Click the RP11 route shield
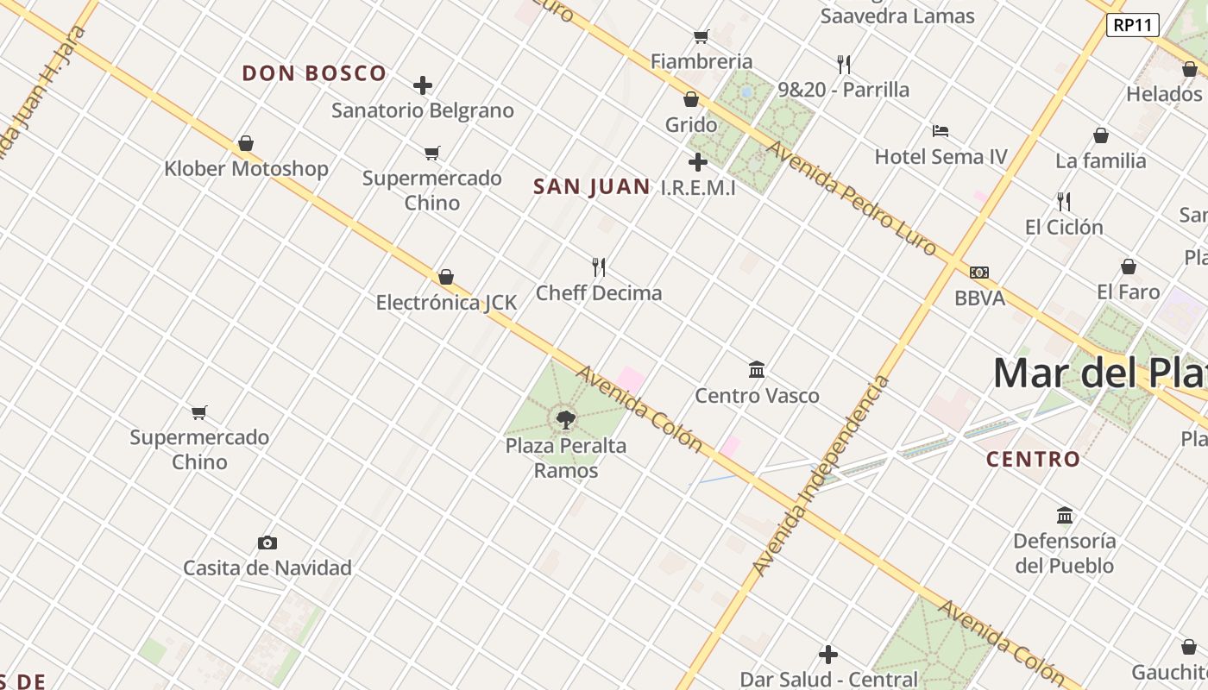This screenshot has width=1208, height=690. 1132,25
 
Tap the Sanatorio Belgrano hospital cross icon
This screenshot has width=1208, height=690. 423,85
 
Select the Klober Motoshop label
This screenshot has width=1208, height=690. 246,168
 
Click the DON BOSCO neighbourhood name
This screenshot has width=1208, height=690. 314,73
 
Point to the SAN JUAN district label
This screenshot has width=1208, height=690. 591,186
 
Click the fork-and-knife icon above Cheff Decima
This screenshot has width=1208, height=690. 599,267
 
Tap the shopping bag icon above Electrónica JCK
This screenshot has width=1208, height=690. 446,277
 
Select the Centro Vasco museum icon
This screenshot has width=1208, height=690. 757,370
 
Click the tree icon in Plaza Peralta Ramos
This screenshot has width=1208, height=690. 566,420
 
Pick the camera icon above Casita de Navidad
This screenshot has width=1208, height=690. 267,543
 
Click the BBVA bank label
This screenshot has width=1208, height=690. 979,298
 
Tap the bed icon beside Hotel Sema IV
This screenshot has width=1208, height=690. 941,131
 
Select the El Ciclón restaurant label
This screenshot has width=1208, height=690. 1064,227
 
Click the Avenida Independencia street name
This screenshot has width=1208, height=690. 820,476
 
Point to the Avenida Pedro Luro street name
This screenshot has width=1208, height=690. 851,198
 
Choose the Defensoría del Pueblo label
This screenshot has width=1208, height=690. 1064,553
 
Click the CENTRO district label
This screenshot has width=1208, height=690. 1033,459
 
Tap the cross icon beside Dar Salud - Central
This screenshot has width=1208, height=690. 828,655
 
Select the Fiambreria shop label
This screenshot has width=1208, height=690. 702,61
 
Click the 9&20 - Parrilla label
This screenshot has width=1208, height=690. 843,90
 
